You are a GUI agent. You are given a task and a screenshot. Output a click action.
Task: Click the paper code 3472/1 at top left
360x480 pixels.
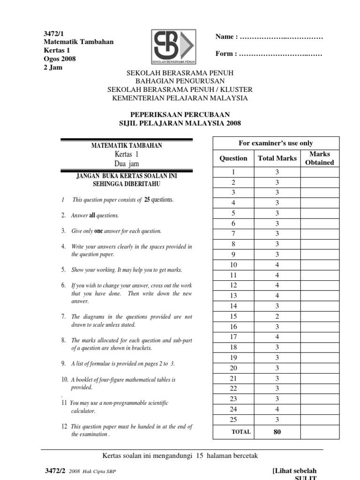coord(53,34)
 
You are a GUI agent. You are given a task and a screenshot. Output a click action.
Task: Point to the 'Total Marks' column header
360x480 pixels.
coord(277,158)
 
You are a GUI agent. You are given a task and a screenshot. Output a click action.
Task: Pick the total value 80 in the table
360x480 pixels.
coord(277,432)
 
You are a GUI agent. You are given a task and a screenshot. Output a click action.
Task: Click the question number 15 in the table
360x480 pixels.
coord(233,316)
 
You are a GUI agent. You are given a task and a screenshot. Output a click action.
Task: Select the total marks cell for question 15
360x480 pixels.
coord(277,316)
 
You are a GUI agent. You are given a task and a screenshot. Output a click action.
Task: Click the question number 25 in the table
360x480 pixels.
coord(233,419)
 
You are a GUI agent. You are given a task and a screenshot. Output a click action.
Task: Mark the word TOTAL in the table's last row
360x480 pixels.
coord(241,432)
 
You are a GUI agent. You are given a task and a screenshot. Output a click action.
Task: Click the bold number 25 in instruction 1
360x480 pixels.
coord(147,200)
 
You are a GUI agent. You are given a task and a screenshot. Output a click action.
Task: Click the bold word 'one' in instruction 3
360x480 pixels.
coord(98,231)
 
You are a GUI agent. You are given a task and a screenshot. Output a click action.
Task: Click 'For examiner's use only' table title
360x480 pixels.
coord(276,143)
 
